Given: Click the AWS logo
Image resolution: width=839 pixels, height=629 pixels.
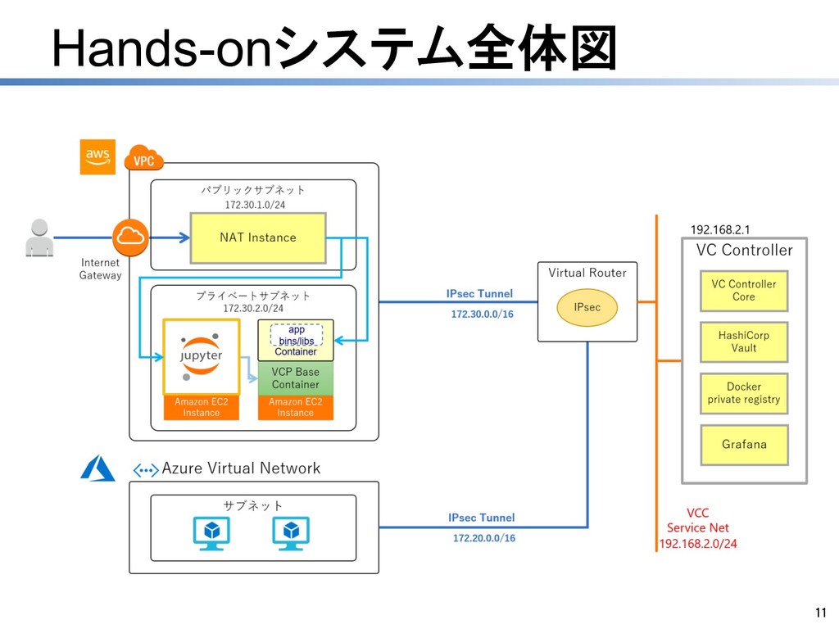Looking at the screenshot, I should coord(98,156).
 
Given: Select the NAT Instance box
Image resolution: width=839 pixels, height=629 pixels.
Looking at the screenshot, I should coord(258,238).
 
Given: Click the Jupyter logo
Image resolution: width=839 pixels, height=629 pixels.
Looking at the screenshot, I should coord(202,357).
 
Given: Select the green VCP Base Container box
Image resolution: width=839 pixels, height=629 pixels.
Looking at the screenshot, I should coord(296,378).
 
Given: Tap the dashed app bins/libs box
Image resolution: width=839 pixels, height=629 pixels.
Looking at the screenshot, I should coord(297,335).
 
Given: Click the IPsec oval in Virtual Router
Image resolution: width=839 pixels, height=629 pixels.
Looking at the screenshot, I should coord(587,307).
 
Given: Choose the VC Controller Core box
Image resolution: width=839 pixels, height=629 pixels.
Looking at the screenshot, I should coord(743,291).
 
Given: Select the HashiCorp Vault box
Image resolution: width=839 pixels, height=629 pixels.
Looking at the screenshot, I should coord(743,342).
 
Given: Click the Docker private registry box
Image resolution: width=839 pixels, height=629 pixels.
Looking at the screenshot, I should coord(743,393).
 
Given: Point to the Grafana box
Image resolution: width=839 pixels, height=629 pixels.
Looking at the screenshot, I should coord(743,445).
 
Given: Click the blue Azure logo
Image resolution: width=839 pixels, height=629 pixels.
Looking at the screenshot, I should coord(98,468).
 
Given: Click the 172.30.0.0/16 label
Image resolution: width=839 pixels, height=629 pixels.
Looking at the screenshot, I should coord(483,314).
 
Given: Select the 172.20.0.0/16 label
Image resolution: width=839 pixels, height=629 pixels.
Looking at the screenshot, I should coord(484,538).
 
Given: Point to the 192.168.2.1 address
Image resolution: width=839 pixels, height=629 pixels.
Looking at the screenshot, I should coord(720,229).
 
